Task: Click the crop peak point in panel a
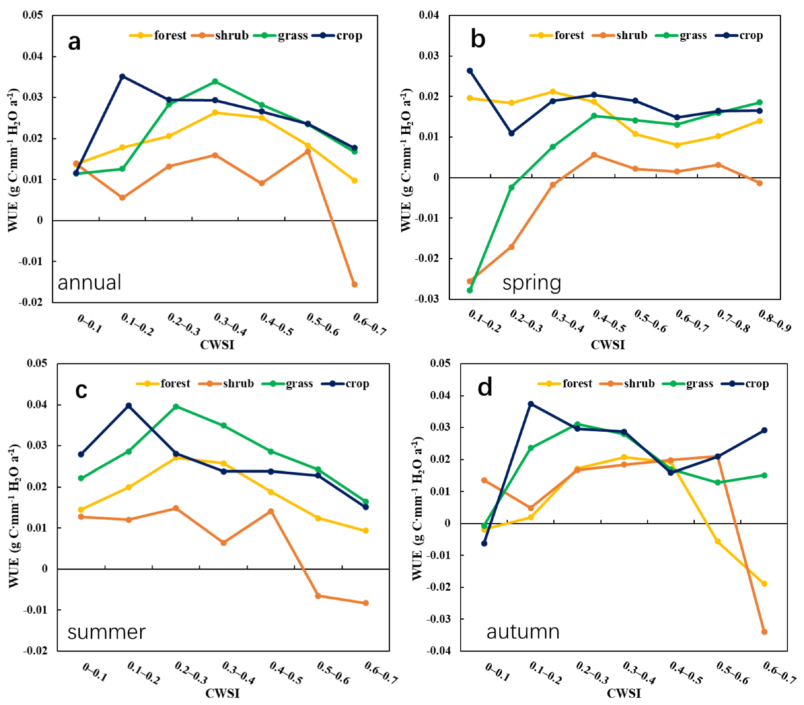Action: [122, 76]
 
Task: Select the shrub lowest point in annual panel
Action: [354, 284]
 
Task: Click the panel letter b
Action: [478, 39]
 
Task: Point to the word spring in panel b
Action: [532, 283]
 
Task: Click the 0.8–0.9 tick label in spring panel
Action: [775, 321]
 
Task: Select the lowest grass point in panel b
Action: [470, 290]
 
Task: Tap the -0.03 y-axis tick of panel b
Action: [427, 299]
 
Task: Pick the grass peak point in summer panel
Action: [176, 406]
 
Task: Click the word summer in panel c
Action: [106, 632]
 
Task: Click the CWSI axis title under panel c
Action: [222, 694]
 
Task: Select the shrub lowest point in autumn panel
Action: [764, 632]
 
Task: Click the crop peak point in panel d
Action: [531, 404]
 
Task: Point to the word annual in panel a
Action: [89, 283]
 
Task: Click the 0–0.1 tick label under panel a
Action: [90, 324]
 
